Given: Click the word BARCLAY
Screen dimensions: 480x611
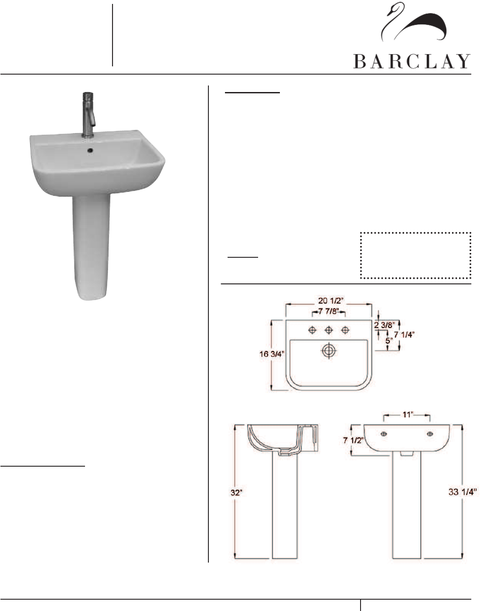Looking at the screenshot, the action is pyautogui.click(x=412, y=61).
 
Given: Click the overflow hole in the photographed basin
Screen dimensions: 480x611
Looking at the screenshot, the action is pyautogui.click(x=90, y=150).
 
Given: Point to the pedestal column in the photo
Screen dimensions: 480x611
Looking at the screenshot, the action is pyautogui.click(x=91, y=247).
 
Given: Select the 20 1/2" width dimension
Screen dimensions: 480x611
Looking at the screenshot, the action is pyautogui.click(x=331, y=301).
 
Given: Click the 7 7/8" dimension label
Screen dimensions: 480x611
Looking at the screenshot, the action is pyautogui.click(x=329, y=311).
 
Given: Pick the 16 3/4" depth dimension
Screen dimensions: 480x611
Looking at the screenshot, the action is pyautogui.click(x=272, y=354).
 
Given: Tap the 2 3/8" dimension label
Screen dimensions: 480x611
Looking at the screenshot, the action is pyautogui.click(x=385, y=325).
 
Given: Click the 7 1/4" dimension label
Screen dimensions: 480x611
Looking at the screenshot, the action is pyautogui.click(x=404, y=335).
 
